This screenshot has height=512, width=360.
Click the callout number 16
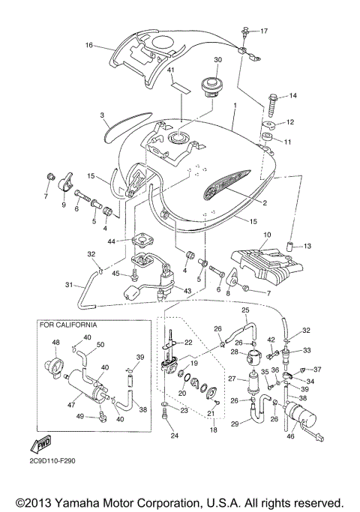88,45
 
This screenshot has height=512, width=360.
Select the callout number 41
170,70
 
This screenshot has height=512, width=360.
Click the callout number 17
263,31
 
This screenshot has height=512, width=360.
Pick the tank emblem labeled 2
224,187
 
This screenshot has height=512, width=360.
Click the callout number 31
69,283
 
